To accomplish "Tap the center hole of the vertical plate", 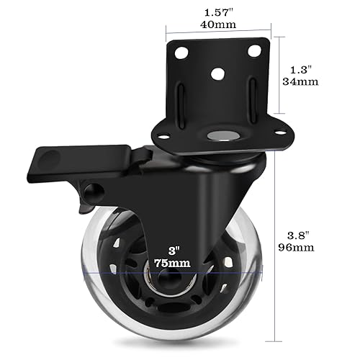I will coord(217,73).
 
